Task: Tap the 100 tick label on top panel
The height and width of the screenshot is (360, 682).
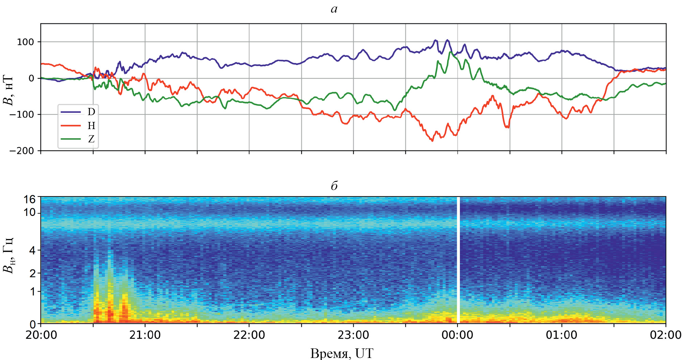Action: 26,42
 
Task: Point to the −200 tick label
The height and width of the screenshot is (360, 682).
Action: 22,151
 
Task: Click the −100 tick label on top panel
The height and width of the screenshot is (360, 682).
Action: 22,114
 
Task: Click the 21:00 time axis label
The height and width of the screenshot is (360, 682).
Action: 145,335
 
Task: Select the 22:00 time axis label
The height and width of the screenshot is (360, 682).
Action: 249,335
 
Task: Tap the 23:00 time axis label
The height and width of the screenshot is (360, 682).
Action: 353,335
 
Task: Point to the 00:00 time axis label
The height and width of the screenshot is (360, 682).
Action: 457,335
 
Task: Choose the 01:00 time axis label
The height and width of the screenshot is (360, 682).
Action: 561,335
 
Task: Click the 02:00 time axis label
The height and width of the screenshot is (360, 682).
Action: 665,335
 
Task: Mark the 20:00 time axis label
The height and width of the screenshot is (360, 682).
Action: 41,335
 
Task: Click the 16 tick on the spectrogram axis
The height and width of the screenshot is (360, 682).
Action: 29,199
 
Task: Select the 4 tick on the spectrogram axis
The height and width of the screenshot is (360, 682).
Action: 32,251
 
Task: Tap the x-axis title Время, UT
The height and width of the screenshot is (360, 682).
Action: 342,354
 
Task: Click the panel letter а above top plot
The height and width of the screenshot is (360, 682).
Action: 334,9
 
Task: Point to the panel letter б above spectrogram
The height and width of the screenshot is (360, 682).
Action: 334,186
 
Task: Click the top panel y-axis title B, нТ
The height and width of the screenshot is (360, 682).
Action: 8,90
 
